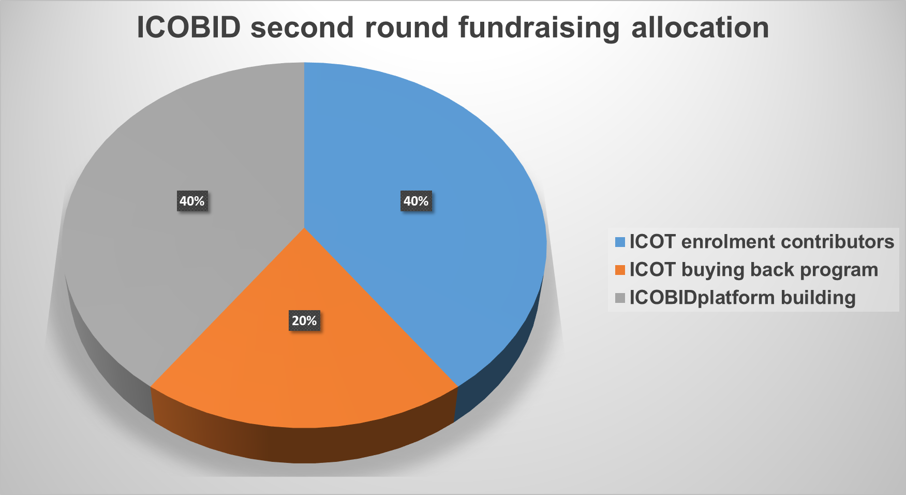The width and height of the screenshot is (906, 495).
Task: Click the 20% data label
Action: point(304,321)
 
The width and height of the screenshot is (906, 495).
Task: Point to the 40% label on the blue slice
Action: point(416,201)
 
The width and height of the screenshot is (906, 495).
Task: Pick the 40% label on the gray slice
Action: point(192,201)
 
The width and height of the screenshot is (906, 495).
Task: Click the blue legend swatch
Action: point(620,242)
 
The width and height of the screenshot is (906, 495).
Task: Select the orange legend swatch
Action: point(620,270)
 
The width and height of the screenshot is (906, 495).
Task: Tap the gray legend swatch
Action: point(620,298)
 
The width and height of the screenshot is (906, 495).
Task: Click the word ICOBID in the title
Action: point(189,27)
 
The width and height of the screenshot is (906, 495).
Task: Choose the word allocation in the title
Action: point(700,27)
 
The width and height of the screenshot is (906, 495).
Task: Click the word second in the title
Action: point(302,28)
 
